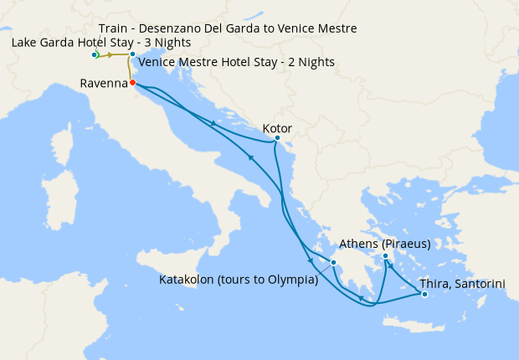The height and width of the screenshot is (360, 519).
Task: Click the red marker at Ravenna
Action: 133,82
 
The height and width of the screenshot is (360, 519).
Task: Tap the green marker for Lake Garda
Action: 95,55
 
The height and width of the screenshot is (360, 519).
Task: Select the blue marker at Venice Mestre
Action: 132,54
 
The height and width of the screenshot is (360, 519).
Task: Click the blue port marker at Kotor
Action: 277,138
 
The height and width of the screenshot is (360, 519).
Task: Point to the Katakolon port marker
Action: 333,263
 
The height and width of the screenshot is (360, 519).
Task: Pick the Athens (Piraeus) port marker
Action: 385,256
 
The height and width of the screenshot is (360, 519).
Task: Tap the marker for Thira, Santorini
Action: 424,294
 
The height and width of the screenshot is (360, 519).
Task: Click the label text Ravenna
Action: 103,83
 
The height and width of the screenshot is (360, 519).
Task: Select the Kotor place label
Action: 277,128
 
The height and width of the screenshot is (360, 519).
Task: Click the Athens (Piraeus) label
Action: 385,244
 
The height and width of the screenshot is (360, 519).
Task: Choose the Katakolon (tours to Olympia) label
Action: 239,280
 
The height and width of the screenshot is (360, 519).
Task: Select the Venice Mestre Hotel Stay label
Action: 236,62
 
